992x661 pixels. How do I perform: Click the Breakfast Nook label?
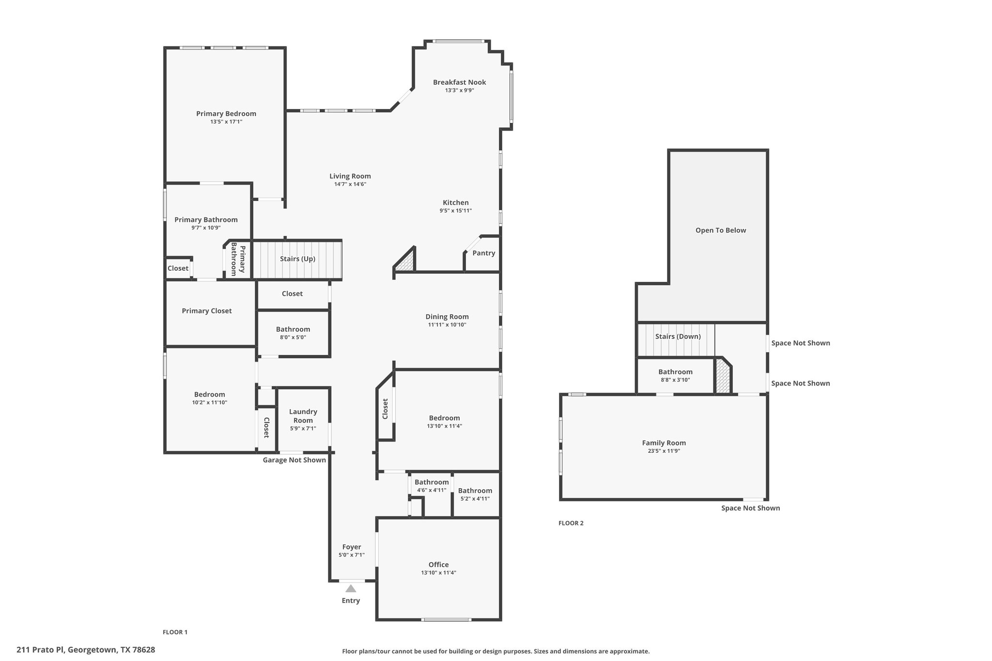click(459, 82)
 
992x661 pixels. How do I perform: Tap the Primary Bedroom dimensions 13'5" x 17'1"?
click(226, 122)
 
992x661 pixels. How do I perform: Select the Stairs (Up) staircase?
click(297, 260)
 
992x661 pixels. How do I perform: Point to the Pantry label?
click(483, 253)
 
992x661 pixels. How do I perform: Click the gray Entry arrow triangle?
click(351, 588)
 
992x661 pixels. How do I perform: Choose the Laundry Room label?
click(303, 416)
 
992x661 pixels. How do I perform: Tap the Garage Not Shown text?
click(294, 460)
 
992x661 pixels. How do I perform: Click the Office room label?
click(438, 565)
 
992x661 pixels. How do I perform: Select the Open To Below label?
click(721, 231)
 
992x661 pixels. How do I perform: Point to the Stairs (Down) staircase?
click(676, 340)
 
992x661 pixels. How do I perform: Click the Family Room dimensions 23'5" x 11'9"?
click(664, 451)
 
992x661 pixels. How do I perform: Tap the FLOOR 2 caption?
click(571, 523)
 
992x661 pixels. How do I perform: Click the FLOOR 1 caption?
click(175, 632)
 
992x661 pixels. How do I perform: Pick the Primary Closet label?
click(207, 311)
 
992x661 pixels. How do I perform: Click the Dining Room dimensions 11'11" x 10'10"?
click(447, 325)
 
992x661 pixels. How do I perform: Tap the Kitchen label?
click(456, 203)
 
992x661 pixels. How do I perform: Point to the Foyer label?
click(352, 547)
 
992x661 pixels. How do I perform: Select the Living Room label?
click(350, 176)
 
